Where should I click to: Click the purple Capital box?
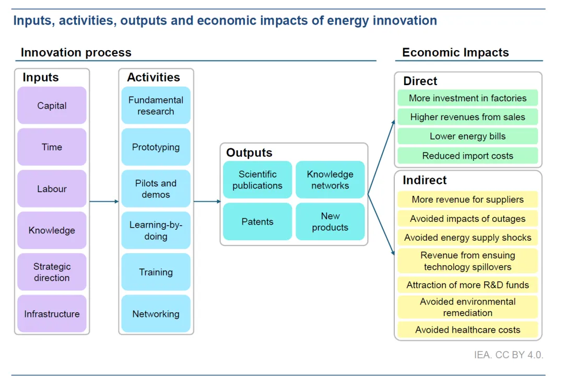coord(52,105)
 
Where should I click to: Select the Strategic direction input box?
coord(52,272)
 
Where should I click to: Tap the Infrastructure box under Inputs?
coord(52,313)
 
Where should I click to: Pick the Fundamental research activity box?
coord(156,105)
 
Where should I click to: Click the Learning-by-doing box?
coord(156,230)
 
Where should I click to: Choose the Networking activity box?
coord(156,313)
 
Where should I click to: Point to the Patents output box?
coord(257,221)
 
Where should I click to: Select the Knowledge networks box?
coord(330,180)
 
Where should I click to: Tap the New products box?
coord(330,221)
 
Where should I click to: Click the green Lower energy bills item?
coord(467,136)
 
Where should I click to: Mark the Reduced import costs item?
coord(467,156)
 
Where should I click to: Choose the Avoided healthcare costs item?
coord(467,330)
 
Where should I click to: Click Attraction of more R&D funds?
coord(467,285)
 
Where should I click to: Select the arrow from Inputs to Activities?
coord(104,202)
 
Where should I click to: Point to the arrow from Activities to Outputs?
coord(207,202)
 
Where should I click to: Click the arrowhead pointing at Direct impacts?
coord(394,123)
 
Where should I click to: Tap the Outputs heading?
coord(249,152)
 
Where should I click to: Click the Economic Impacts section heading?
coord(455,53)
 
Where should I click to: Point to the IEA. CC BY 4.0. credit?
coord(509,355)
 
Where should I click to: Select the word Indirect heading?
coord(425,180)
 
